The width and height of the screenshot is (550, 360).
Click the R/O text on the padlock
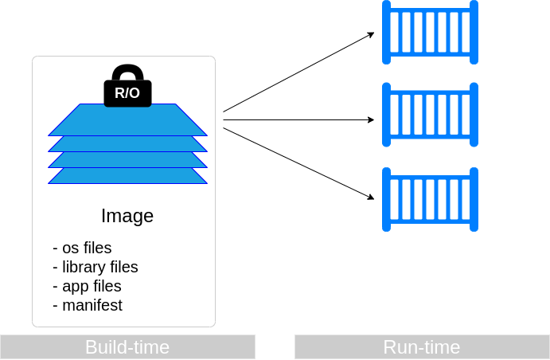pyautogui.click(x=127, y=93)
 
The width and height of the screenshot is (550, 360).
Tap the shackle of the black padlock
pyautogui.click(x=127, y=72)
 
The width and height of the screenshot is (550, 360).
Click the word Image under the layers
pyautogui.click(x=127, y=216)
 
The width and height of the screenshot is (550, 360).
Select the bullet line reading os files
pyautogui.click(x=82, y=248)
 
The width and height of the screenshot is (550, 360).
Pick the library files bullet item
pyautogui.click(x=95, y=267)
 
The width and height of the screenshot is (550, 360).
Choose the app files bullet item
pyautogui.click(x=87, y=286)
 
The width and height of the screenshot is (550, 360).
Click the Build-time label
pyautogui.click(x=127, y=347)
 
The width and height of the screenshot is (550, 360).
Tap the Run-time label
pyautogui.click(x=422, y=347)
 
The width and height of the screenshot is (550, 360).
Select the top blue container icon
pyautogui.click(x=430, y=32)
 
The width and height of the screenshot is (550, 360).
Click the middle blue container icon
pyautogui.click(x=430, y=115)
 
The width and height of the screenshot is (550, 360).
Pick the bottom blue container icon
pyautogui.click(x=430, y=199)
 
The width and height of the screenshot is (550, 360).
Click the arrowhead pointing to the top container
pyautogui.click(x=371, y=34)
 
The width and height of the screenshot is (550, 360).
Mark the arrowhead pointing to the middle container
pyautogui.click(x=371, y=120)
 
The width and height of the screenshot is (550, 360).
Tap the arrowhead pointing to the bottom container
pyautogui.click(x=371, y=198)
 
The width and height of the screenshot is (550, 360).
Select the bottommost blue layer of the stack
pyautogui.click(x=127, y=177)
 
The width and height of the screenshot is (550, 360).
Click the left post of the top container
pyautogui.click(x=386, y=32)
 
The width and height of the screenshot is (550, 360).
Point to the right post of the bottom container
pyautogui.click(x=474, y=199)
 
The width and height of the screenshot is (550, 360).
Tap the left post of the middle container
pyautogui.click(x=386, y=115)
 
